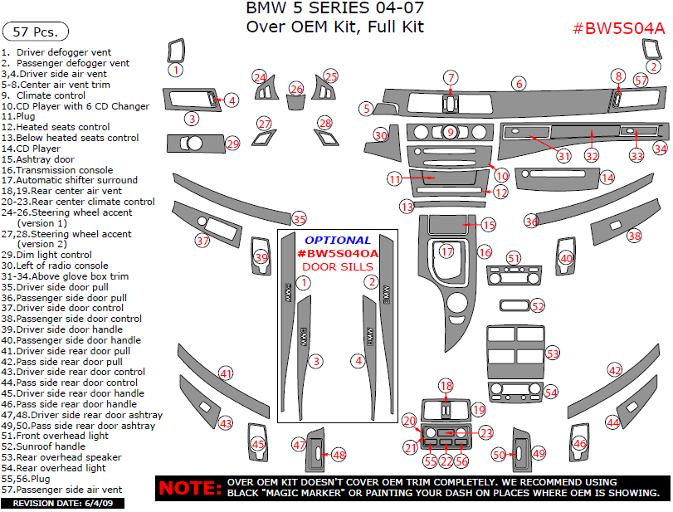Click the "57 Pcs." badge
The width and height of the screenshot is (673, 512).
[x=36, y=32]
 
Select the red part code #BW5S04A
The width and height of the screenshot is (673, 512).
[x=619, y=29]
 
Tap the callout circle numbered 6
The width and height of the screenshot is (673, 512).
[x=519, y=84]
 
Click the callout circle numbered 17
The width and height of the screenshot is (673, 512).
[x=447, y=251]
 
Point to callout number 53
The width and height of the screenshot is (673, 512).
[x=553, y=354]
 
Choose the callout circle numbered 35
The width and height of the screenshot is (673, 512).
[x=299, y=219]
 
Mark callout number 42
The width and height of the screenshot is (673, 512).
[x=614, y=370]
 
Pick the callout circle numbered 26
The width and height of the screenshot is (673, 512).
[x=296, y=89]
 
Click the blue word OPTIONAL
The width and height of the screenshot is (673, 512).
[x=338, y=241]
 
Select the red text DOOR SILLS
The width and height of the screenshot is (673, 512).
[x=338, y=266]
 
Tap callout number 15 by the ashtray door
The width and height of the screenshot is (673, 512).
[x=489, y=225]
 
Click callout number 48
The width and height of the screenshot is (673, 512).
[x=339, y=455]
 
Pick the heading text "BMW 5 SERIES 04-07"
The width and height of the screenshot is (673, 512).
[x=335, y=9]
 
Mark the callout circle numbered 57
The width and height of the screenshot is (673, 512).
[x=641, y=80]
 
